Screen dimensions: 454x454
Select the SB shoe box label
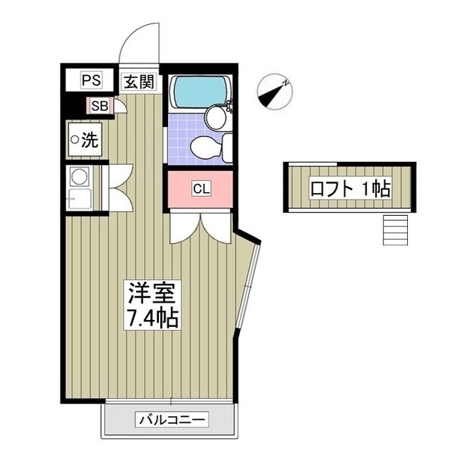click(99, 106)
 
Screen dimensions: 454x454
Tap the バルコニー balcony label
click(172, 418)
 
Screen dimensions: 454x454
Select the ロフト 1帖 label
click(350, 188)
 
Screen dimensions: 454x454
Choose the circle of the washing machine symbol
click(75, 139)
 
